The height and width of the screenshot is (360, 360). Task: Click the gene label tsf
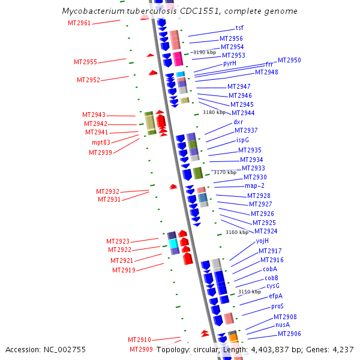pyautogui.click(x=239, y=28)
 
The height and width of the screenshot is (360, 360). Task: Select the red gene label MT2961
pyautogui.click(x=79, y=23)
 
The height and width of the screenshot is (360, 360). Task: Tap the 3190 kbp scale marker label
pyautogui.click(x=205, y=52)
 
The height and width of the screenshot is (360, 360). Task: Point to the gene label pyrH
pyautogui.click(x=230, y=64)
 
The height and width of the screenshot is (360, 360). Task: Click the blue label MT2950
pyautogui.click(x=289, y=60)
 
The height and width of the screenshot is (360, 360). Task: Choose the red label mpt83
pyautogui.click(x=101, y=142)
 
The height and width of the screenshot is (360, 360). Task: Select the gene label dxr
pyautogui.click(x=238, y=122)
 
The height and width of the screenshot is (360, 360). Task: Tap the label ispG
pyautogui.click(x=242, y=140)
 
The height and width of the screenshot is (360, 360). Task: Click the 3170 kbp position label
pyautogui.click(x=225, y=172)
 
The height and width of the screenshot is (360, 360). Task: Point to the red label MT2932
pyautogui.click(x=107, y=191)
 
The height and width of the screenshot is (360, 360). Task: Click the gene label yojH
pyautogui.click(x=262, y=241)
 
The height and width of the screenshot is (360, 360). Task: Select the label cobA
pyautogui.click(x=270, y=269)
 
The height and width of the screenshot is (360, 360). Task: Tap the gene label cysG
pyautogui.click(x=273, y=286)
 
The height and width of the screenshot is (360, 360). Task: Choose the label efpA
pyautogui.click(x=276, y=296)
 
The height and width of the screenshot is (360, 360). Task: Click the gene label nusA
pyautogui.click(x=283, y=325)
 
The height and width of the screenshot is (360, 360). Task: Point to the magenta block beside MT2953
pyautogui.click(x=178, y=59)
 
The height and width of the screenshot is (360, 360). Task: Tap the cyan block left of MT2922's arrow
pyautogui.click(x=173, y=244)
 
